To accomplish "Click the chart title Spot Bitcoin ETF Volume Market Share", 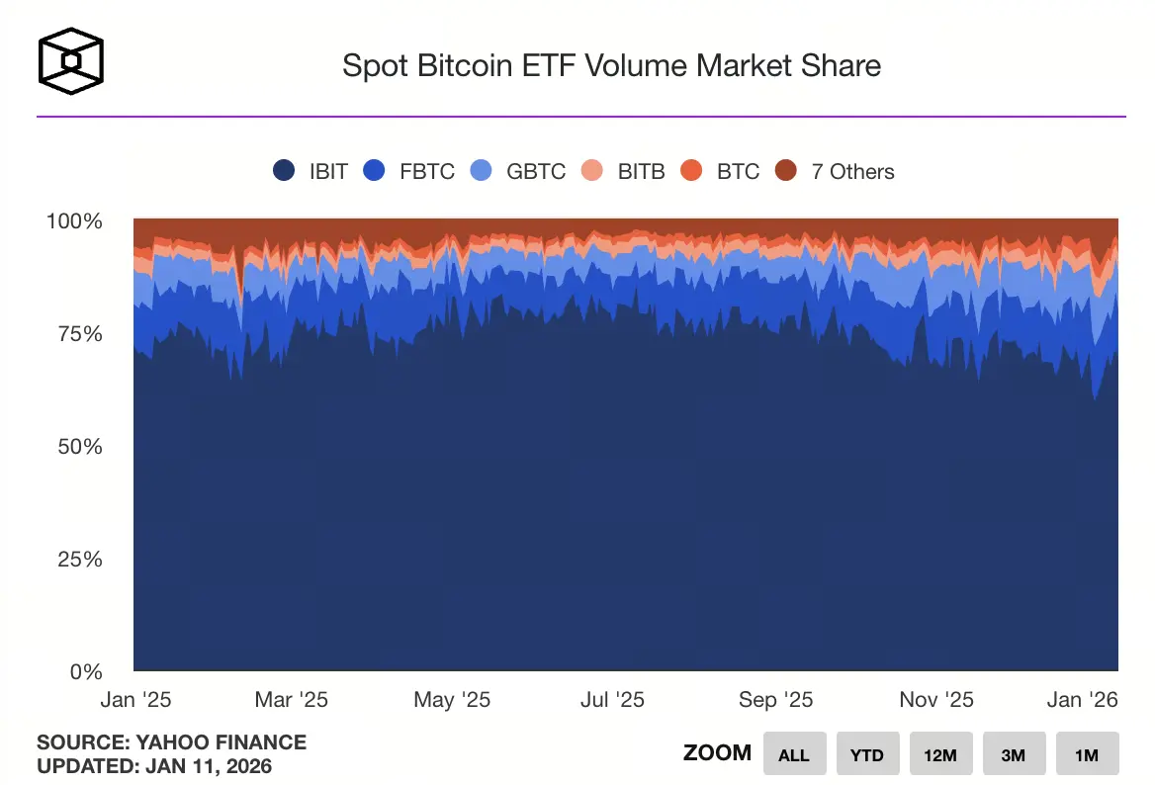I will tap(611, 66).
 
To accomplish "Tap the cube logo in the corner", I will tap(70, 60).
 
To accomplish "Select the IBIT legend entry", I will tap(311, 171).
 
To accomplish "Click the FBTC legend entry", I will tap(409, 171).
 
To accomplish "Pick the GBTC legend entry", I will tap(518, 171).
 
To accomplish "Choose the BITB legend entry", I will tap(625, 171).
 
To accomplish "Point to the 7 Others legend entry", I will tap(835, 171).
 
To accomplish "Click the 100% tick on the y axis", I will tap(75, 220).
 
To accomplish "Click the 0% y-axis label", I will tap(85, 671).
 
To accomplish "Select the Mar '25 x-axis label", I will tap(291, 700).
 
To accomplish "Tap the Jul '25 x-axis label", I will tap(612, 700).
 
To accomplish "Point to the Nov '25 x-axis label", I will tap(935, 700).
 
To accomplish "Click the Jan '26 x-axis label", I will tap(1082, 700).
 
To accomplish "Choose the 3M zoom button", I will tap(1014, 754).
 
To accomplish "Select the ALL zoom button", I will tap(794, 754).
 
